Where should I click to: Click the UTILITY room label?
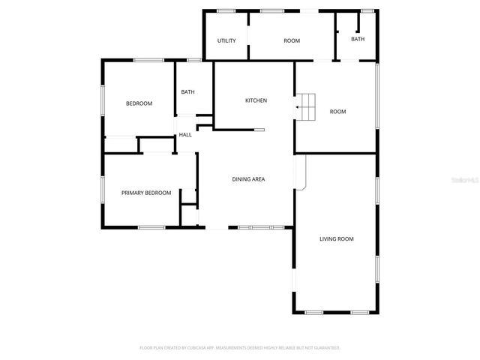click(226, 40)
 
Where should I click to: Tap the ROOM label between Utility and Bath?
click(292, 40)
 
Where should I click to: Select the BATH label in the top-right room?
click(358, 39)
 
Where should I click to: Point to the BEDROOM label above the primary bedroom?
click(139, 103)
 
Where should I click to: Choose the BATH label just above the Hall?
click(187, 92)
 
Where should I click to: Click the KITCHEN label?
click(256, 100)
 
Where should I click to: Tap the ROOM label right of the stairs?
click(337, 112)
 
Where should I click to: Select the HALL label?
click(184, 135)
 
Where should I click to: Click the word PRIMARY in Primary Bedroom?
click(133, 193)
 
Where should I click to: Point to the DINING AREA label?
click(248, 178)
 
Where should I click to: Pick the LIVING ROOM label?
click(336, 239)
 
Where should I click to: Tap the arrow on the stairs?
click(299, 107)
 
